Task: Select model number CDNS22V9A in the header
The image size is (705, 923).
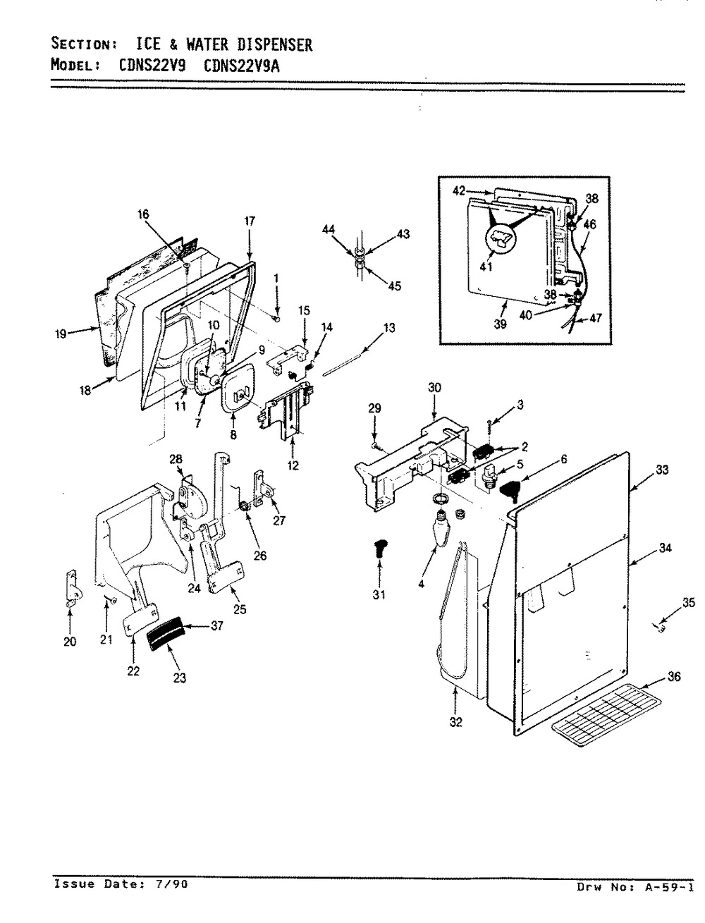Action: click(241, 66)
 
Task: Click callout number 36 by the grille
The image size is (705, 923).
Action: click(673, 677)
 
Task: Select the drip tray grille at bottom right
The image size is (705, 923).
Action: click(607, 715)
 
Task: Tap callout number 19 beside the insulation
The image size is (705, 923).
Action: click(61, 334)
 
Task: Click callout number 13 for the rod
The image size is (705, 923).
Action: click(389, 328)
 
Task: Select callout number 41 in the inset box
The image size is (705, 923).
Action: click(486, 267)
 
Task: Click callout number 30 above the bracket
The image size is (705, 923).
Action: click(434, 387)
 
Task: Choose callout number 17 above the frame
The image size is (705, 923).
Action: click(250, 221)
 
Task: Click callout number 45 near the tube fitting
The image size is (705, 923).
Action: click(394, 286)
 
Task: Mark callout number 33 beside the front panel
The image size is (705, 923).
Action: click(662, 470)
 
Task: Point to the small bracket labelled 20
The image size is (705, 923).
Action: click(73, 589)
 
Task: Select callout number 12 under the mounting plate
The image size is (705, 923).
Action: click(293, 465)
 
